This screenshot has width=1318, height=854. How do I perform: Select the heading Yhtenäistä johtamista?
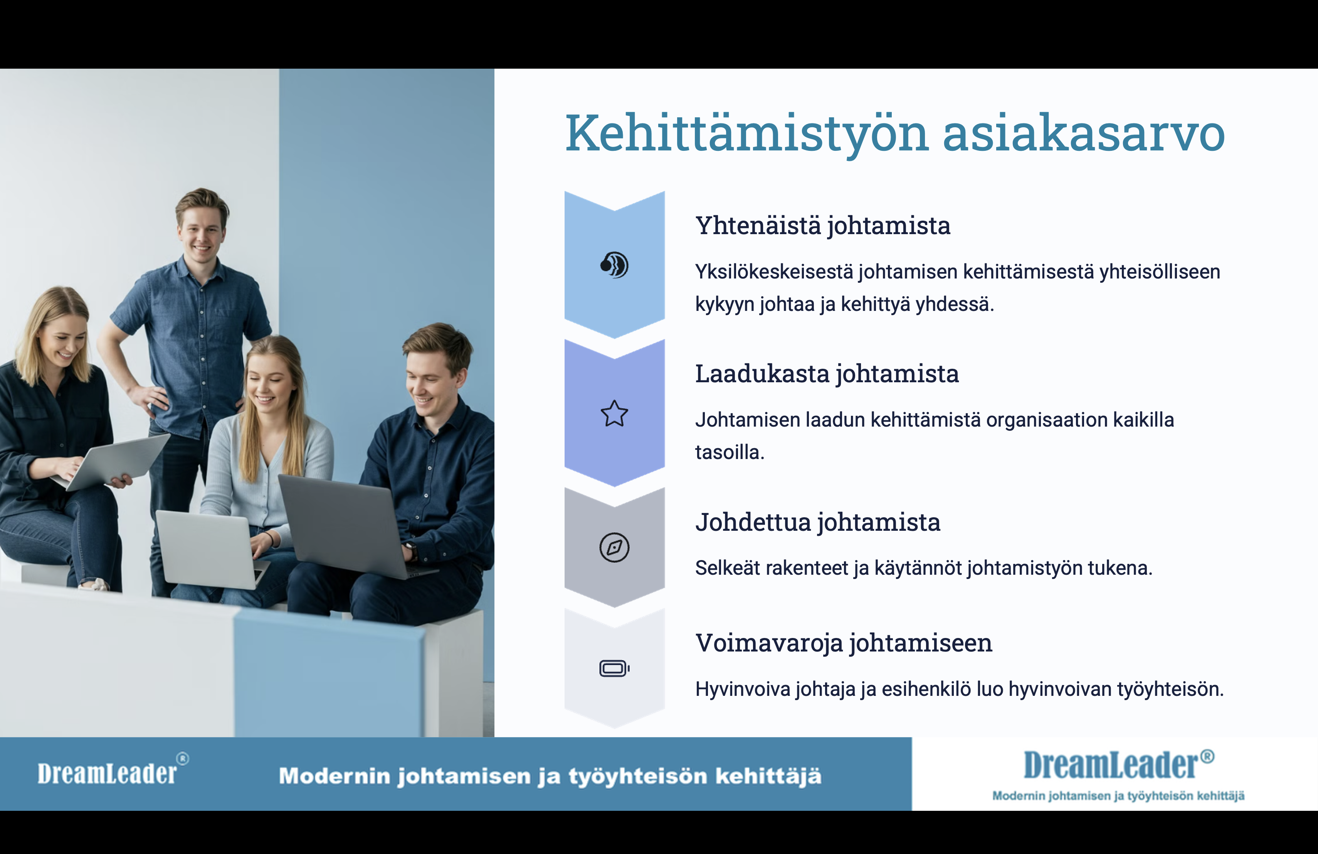pyautogui.click(x=823, y=226)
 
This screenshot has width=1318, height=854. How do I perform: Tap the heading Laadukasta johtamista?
pyautogui.click(x=827, y=373)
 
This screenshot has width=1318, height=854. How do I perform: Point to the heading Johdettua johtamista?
pyautogui.click(x=818, y=522)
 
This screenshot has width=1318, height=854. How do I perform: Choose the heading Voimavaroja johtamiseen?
pyautogui.click(x=844, y=643)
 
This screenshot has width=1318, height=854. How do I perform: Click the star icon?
pyautogui.click(x=615, y=413)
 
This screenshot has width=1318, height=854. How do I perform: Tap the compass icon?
pyautogui.click(x=615, y=547)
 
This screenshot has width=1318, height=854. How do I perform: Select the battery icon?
pyautogui.click(x=615, y=668)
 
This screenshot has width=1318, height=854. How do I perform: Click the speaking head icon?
pyautogui.click(x=615, y=265)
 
